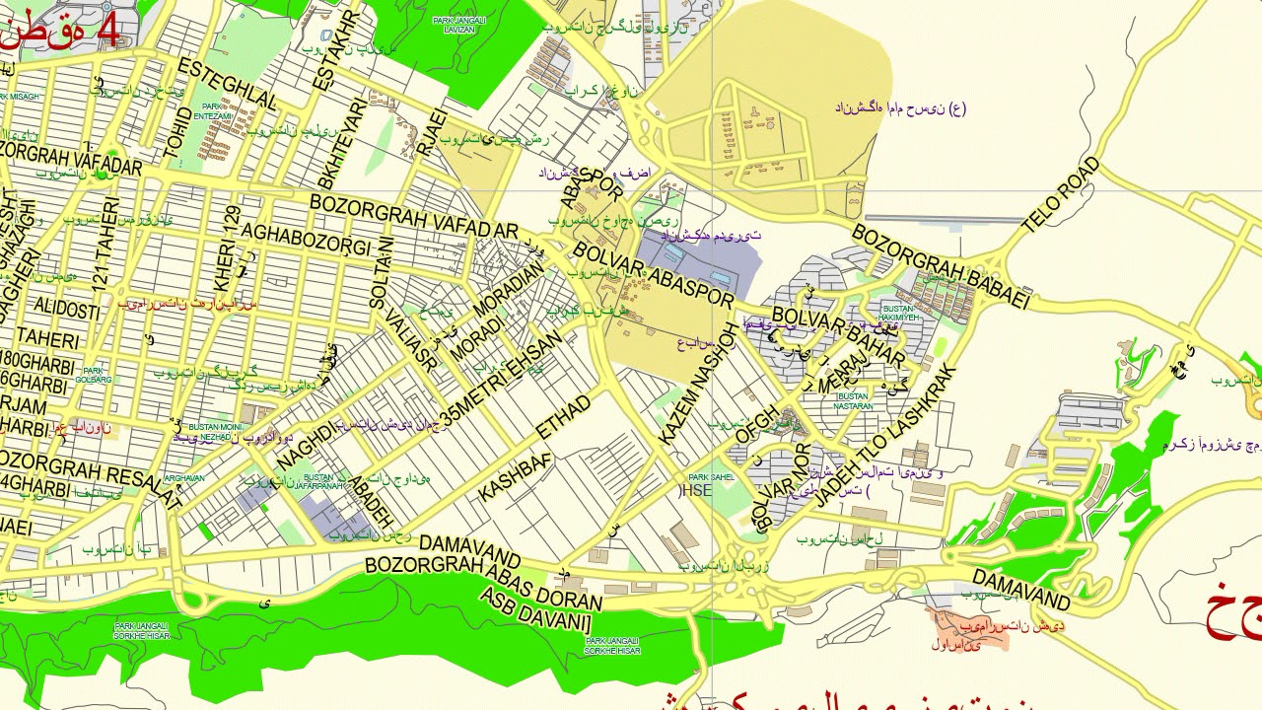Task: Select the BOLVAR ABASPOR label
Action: pos(653,275)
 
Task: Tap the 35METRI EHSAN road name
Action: pos(502,379)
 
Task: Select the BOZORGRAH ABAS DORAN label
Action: pos(483,583)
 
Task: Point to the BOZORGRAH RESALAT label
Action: pos(89,476)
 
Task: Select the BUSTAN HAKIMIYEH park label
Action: pos(898,314)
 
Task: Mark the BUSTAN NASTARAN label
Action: pos(853,400)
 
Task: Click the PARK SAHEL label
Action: pos(711,477)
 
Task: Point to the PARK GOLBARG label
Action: pos(94,375)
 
